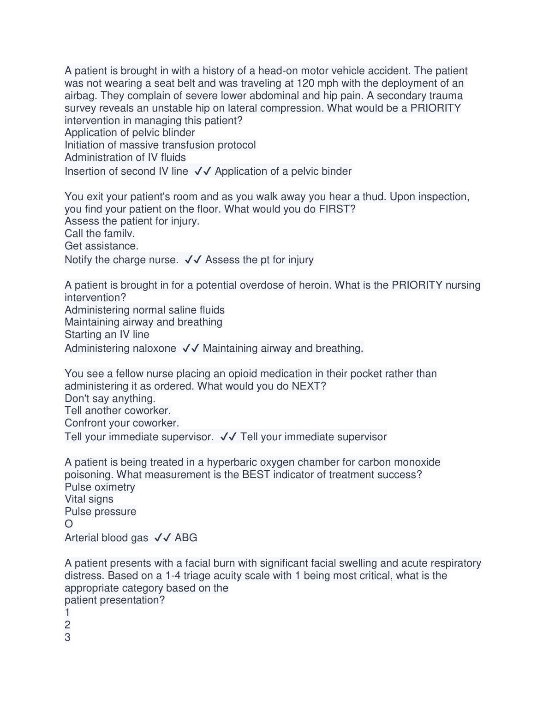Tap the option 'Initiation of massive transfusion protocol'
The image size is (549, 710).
160,145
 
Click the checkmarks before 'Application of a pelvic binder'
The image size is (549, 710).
203,172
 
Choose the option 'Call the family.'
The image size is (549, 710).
100,234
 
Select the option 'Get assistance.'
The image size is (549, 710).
101,246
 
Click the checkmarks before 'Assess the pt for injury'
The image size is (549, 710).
193,260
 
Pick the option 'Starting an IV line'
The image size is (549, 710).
107,335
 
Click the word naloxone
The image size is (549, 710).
154,349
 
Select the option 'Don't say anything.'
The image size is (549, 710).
110,399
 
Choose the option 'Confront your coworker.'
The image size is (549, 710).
122,423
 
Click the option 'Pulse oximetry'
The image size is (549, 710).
100,487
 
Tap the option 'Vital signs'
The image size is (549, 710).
89,499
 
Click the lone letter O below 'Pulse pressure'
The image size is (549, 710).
69,524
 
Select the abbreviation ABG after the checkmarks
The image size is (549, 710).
186,538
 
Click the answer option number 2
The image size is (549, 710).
67,625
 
